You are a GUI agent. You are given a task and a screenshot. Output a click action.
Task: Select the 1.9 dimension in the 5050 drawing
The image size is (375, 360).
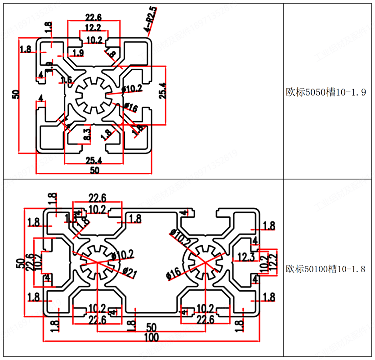pyautogui.click(x=78, y=54)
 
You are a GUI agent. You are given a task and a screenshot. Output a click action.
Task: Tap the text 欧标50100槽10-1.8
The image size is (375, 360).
pyautogui.click(x=329, y=269)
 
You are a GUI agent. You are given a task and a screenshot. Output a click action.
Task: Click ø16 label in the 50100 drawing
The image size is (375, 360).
pyautogui.click(x=174, y=273)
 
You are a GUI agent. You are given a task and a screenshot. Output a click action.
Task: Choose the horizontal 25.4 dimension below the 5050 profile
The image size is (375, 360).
pyautogui.click(x=93, y=160)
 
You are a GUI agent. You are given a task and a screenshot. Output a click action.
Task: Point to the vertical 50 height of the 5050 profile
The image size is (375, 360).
pyautogui.click(x=16, y=94)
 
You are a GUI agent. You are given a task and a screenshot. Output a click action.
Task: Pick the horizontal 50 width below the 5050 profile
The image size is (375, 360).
pyautogui.click(x=94, y=171)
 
